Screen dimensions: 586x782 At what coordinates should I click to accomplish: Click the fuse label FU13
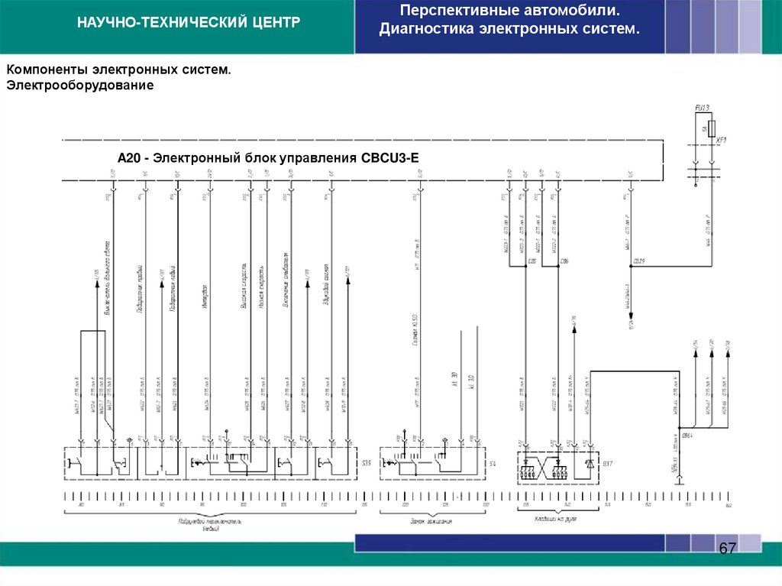click(x=703, y=108)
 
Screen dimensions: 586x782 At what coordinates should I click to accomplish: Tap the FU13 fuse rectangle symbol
click(x=712, y=127)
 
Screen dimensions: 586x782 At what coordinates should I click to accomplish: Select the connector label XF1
click(x=721, y=141)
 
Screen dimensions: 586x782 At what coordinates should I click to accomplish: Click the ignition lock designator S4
click(x=493, y=463)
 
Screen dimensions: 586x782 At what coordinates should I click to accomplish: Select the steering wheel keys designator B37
click(x=608, y=463)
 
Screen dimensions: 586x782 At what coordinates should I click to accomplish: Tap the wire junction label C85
click(x=532, y=261)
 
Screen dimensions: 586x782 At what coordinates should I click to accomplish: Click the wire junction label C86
click(x=564, y=261)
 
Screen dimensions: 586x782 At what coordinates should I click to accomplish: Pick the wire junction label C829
click(x=639, y=261)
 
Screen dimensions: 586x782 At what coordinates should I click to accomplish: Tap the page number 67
click(x=727, y=549)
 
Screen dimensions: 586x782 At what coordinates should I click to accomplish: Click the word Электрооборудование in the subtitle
click(x=81, y=86)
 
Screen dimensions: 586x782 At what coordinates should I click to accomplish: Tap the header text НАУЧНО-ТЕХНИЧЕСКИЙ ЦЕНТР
click(x=188, y=23)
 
